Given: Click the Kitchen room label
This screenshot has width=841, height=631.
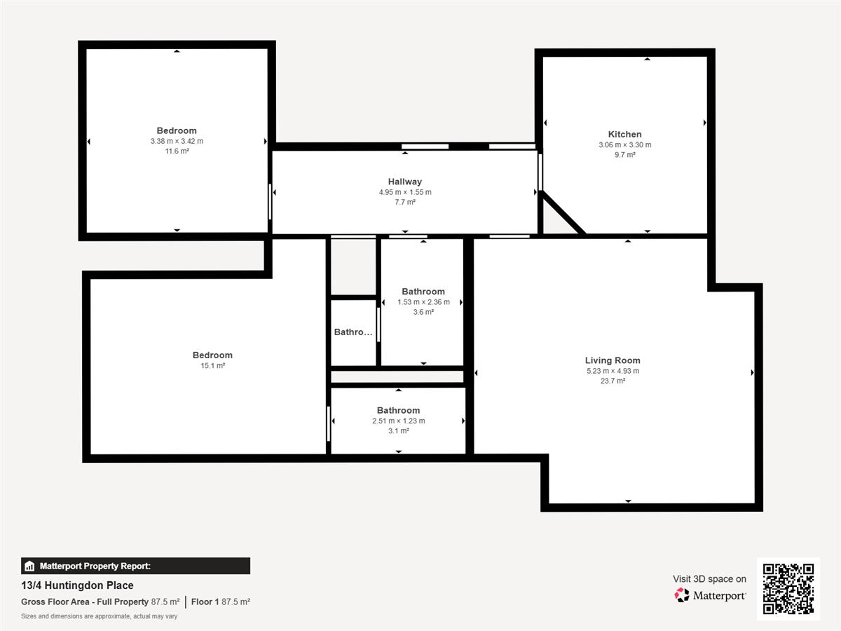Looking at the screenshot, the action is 624,134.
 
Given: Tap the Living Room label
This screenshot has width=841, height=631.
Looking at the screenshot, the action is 613,360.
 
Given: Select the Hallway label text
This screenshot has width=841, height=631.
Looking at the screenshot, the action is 404,182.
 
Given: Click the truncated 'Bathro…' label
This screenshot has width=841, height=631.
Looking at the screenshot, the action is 353,332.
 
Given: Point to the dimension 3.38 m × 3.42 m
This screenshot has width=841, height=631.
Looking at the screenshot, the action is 177,141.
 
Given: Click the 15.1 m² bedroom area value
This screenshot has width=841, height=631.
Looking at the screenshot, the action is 212,365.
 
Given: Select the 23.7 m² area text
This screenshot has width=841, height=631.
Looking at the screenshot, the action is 613,381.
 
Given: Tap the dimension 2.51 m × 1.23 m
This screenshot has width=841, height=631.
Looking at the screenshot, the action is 399,421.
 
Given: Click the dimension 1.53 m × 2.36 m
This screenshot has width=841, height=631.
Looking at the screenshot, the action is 423,302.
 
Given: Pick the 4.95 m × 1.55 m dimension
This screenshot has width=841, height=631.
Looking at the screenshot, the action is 405,192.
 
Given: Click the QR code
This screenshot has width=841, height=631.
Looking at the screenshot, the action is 788,588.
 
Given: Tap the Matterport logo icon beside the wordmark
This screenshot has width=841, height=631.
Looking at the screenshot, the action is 681,595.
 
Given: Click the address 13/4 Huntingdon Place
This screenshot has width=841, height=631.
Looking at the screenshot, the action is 77,585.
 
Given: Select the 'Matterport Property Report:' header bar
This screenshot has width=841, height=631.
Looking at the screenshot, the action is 136,566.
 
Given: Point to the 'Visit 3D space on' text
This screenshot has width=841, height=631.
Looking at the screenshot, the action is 709,579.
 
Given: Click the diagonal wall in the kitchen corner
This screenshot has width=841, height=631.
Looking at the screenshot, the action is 563,212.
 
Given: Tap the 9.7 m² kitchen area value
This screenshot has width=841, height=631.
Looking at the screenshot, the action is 625,155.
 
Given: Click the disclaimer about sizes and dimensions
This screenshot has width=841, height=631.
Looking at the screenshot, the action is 100,616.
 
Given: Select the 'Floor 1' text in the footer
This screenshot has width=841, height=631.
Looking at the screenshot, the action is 205,602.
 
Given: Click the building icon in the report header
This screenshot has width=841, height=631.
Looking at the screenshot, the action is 29,566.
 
